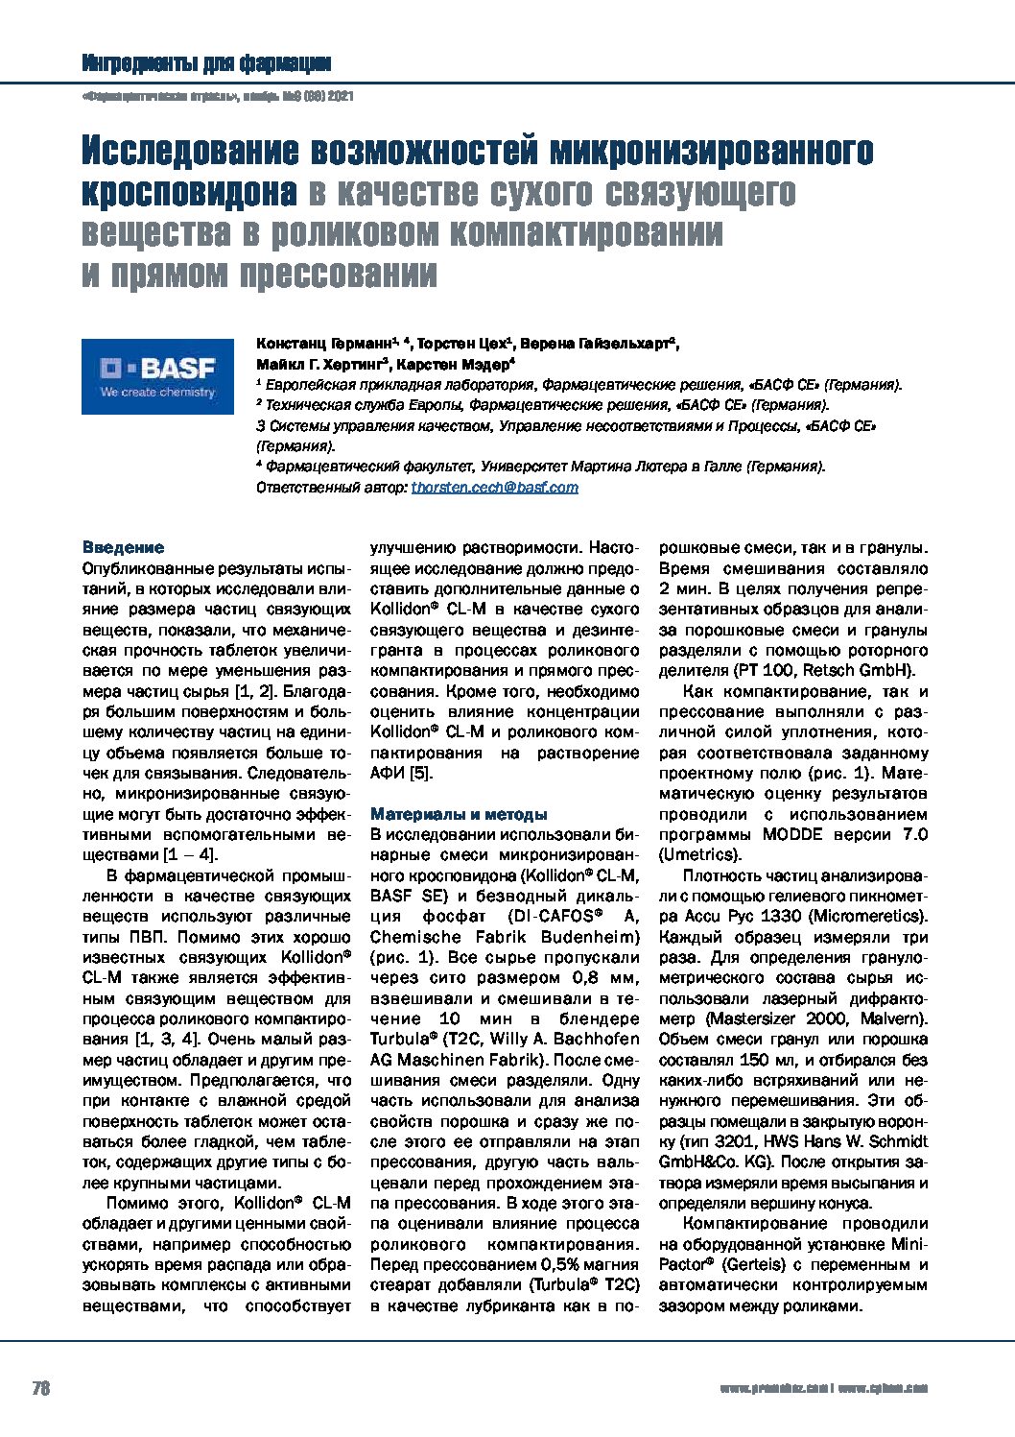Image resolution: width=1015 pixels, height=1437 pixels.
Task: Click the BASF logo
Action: click(157, 375)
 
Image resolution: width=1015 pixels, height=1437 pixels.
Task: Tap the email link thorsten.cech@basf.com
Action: click(494, 488)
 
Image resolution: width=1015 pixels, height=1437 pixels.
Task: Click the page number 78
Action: click(41, 1388)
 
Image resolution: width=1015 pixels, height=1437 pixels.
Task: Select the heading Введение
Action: click(123, 548)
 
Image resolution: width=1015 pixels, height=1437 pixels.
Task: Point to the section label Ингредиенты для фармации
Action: click(206, 64)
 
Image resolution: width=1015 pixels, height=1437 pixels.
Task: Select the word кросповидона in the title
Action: click(188, 193)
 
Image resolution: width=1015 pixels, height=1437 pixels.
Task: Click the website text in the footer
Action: click(823, 1389)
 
